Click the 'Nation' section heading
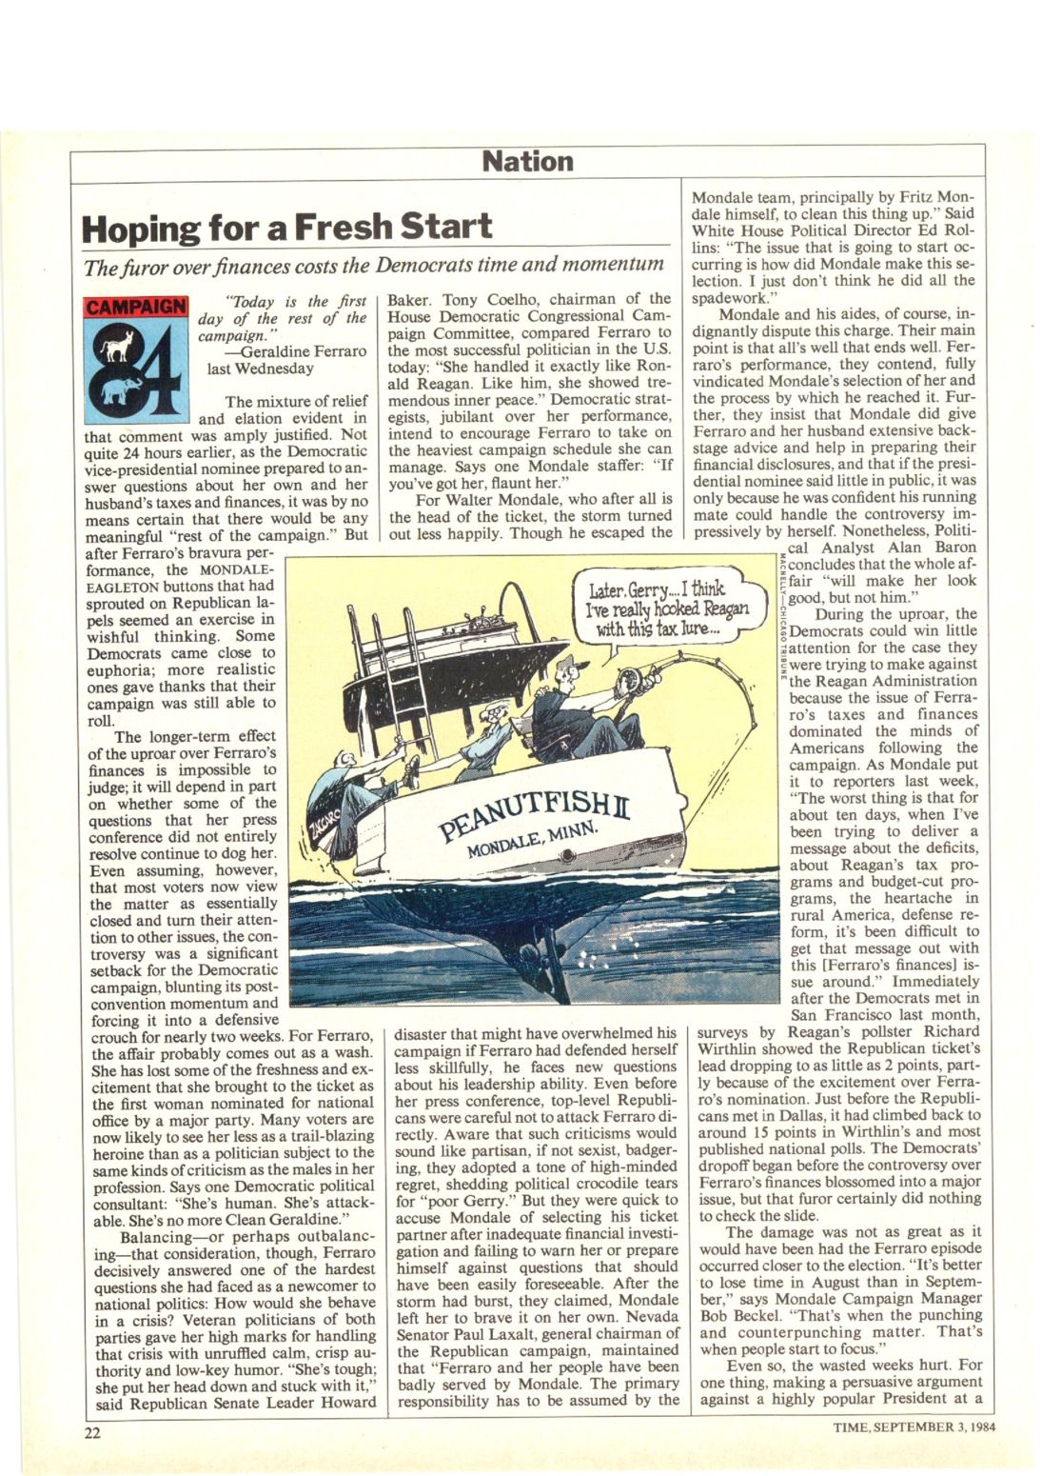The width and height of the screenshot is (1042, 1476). pyautogui.click(x=527, y=161)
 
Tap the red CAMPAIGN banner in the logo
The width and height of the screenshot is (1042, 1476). pyautogui.click(x=136, y=308)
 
